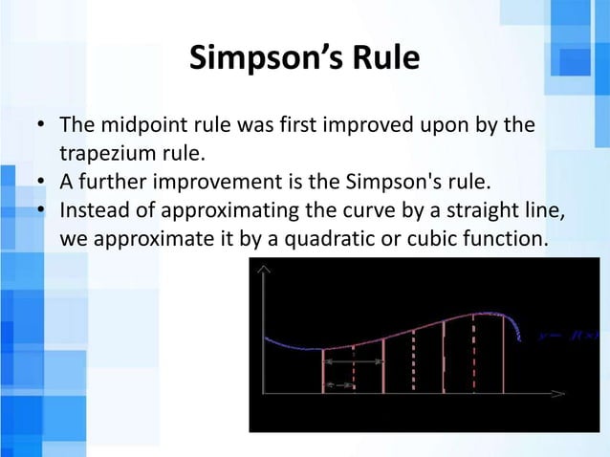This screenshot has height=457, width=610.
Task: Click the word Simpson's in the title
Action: pos(252,59)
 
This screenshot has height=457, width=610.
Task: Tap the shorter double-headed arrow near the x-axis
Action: pos(338,384)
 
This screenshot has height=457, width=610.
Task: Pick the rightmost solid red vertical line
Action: pos(505,354)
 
